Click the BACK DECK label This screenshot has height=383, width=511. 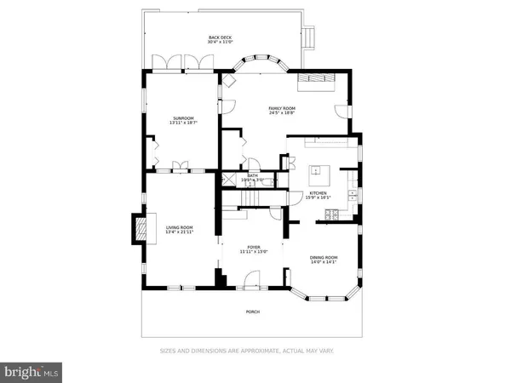(x=221, y=37)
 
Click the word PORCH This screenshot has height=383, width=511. (x=253, y=312)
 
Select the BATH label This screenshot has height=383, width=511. (x=253, y=176)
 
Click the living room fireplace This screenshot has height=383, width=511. (x=137, y=228)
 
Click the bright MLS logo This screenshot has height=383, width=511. (x=32, y=371)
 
